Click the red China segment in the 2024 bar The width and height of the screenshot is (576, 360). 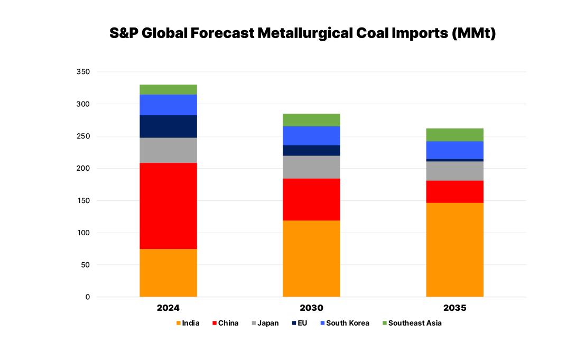(168, 206)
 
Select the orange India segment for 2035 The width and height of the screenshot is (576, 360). (454, 250)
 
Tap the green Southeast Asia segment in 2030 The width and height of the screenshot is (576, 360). (311, 120)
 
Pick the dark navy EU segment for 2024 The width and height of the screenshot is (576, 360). (168, 126)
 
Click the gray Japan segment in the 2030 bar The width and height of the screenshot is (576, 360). (311, 167)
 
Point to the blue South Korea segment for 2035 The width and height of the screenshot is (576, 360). (454, 150)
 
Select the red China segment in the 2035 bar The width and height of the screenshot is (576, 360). (454, 191)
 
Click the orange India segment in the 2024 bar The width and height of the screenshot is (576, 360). (168, 273)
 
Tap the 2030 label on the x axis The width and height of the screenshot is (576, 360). (311, 308)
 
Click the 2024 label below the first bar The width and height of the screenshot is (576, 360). (168, 308)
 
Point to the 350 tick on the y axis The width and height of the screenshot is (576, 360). (83, 72)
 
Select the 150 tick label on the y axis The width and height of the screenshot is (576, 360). (83, 201)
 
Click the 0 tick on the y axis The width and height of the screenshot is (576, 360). (87, 297)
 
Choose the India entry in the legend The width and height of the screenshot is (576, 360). (188, 323)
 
